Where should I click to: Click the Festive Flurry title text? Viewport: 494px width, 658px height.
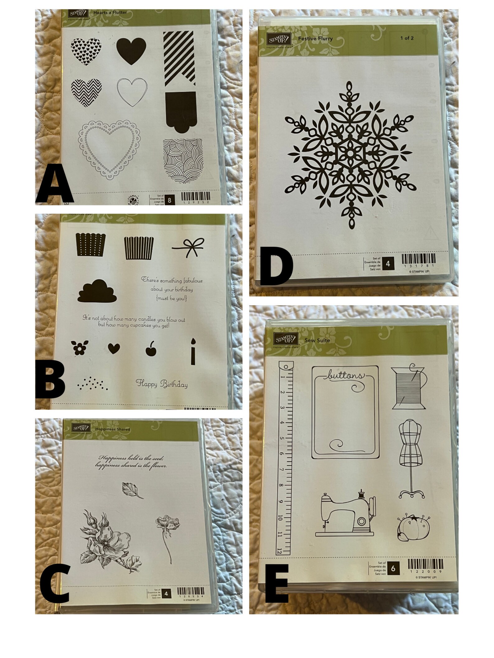point(315,39)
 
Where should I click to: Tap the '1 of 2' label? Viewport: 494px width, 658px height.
point(407,38)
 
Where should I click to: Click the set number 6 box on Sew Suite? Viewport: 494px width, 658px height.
point(393,568)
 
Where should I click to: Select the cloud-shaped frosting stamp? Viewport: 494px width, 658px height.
point(97,291)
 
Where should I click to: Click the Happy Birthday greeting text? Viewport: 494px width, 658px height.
point(162,384)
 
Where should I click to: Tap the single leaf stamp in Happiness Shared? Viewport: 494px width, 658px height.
point(133,491)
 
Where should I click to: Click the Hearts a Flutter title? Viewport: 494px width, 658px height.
point(110,12)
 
